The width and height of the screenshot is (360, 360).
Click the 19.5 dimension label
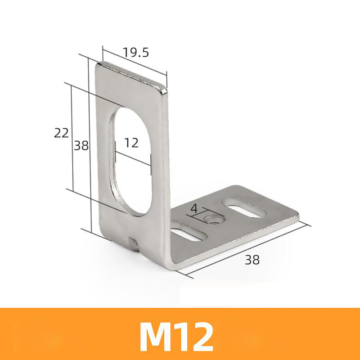[136, 53]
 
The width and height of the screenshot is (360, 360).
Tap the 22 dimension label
[61, 133]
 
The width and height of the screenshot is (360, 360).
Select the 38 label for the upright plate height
[81, 145]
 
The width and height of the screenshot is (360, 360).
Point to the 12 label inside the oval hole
[131, 143]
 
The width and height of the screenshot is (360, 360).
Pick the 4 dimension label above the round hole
[194, 208]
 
